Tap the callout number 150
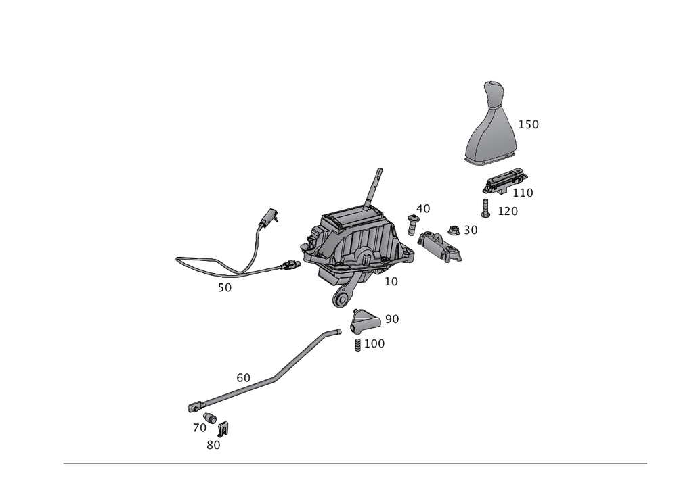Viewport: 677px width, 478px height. tap(528, 125)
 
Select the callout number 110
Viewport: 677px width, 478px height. tap(523, 193)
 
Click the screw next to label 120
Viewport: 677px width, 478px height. tap(485, 209)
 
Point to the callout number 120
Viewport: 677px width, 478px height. tap(507, 212)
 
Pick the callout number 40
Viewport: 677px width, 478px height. tap(424, 208)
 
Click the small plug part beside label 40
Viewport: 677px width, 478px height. tap(411, 222)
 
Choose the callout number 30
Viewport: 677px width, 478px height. tap(471, 231)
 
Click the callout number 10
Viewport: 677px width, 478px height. tap(391, 281)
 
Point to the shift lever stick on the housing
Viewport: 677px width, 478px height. tap(374, 186)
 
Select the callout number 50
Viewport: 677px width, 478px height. tap(225, 287)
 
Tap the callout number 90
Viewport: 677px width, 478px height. tap(392, 318)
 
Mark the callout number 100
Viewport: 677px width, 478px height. tap(374, 343)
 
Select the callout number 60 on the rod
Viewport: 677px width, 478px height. tap(244, 377)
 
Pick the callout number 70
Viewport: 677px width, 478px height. tap(198, 428)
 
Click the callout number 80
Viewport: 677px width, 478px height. tap(214, 445)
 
